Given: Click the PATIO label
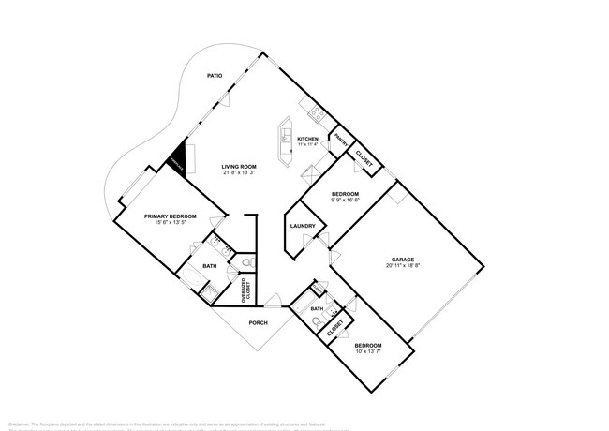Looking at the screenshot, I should tap(215, 76).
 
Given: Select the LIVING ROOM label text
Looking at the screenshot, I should tap(240, 166).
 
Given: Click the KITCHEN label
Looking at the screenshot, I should tap(308, 138).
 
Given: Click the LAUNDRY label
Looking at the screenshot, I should tap(302, 226).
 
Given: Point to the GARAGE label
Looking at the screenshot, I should tap(403, 260).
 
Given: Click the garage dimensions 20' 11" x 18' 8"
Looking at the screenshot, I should tap(403, 267).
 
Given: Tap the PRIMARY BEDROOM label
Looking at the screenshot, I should tap(170, 216).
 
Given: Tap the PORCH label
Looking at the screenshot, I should tap(258, 323).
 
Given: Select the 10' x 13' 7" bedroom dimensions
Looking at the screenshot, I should tap(367, 352).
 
